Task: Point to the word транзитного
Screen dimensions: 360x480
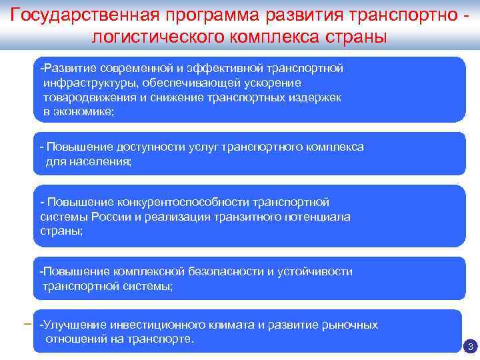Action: [245, 217]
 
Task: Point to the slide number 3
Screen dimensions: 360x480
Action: [470, 347]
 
